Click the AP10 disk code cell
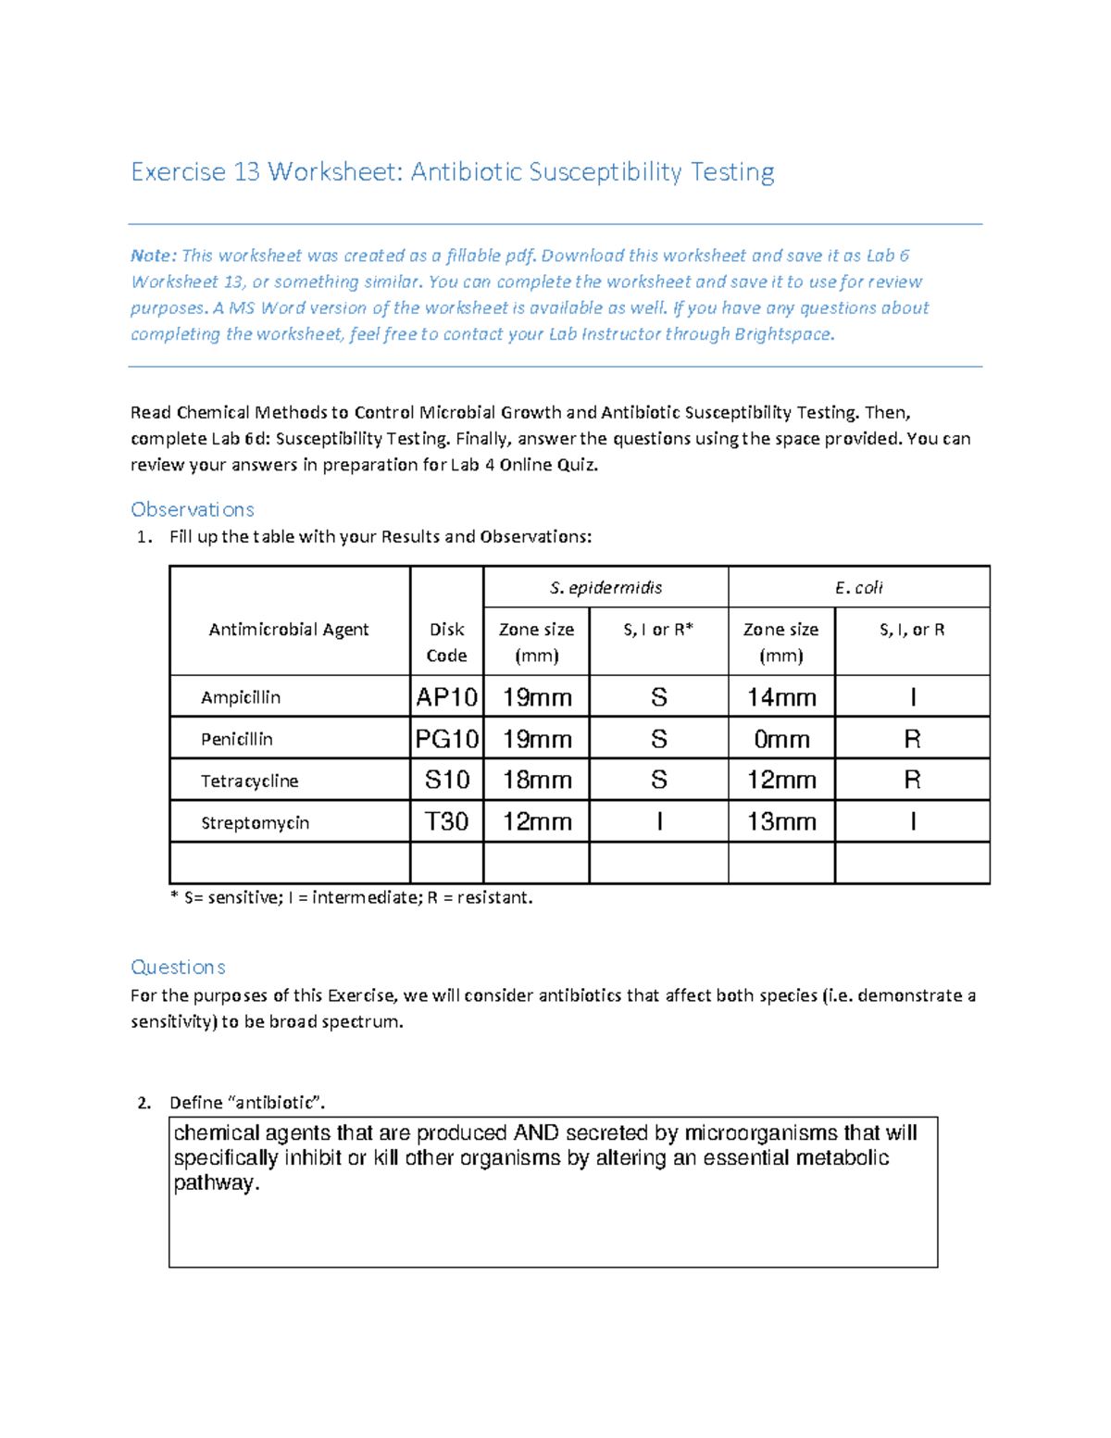[x=446, y=696]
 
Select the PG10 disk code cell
[x=446, y=738]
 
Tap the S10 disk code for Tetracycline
[x=446, y=780]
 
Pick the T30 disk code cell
[x=446, y=821]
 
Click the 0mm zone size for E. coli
[x=781, y=739]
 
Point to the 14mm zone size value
[x=781, y=697]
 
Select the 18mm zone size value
[x=536, y=781]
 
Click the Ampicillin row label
[x=241, y=697]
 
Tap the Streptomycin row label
[x=255, y=822]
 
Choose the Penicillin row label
[x=237, y=739]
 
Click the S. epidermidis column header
[x=605, y=587]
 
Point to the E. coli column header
[x=858, y=587]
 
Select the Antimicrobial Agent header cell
[x=289, y=630]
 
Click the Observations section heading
[x=193, y=509]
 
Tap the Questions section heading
[x=178, y=967]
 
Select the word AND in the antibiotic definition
[x=536, y=1133]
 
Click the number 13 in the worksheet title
[x=246, y=172]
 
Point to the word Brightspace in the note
[x=783, y=334]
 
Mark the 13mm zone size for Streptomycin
[x=781, y=822]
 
